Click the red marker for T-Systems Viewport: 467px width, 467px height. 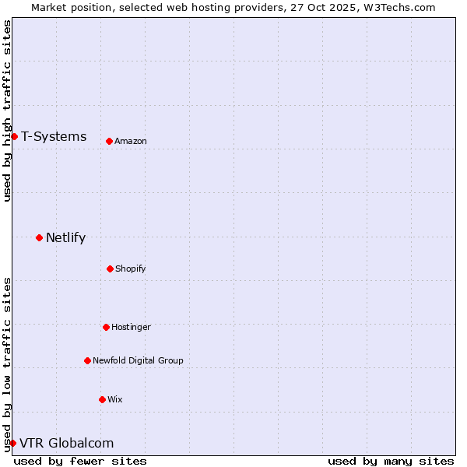[x=14, y=137]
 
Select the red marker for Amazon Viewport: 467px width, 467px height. [x=109, y=141]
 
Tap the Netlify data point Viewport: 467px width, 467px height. [x=39, y=237]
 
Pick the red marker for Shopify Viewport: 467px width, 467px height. [x=110, y=269]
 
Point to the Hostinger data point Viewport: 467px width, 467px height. [x=106, y=327]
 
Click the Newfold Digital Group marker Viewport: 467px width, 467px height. [x=87, y=360]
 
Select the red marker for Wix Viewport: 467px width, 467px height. [x=102, y=399]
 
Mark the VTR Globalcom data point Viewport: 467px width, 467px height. [x=12, y=443]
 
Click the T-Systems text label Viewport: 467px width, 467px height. [x=54, y=137]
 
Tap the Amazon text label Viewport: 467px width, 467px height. [x=131, y=141]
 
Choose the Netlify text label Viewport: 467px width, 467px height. [x=65, y=238]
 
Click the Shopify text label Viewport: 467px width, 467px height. [x=131, y=269]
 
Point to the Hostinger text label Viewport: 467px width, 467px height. [x=131, y=327]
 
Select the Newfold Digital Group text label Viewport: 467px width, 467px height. [x=138, y=360]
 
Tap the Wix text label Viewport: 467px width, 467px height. [x=115, y=399]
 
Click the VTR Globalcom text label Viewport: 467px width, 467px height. [x=66, y=444]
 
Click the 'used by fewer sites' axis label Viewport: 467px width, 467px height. [x=80, y=461]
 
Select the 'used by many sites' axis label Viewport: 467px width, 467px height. [x=391, y=461]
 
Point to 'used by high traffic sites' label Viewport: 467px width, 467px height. [x=7, y=111]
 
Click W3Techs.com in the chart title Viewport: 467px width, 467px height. [x=396, y=7]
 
